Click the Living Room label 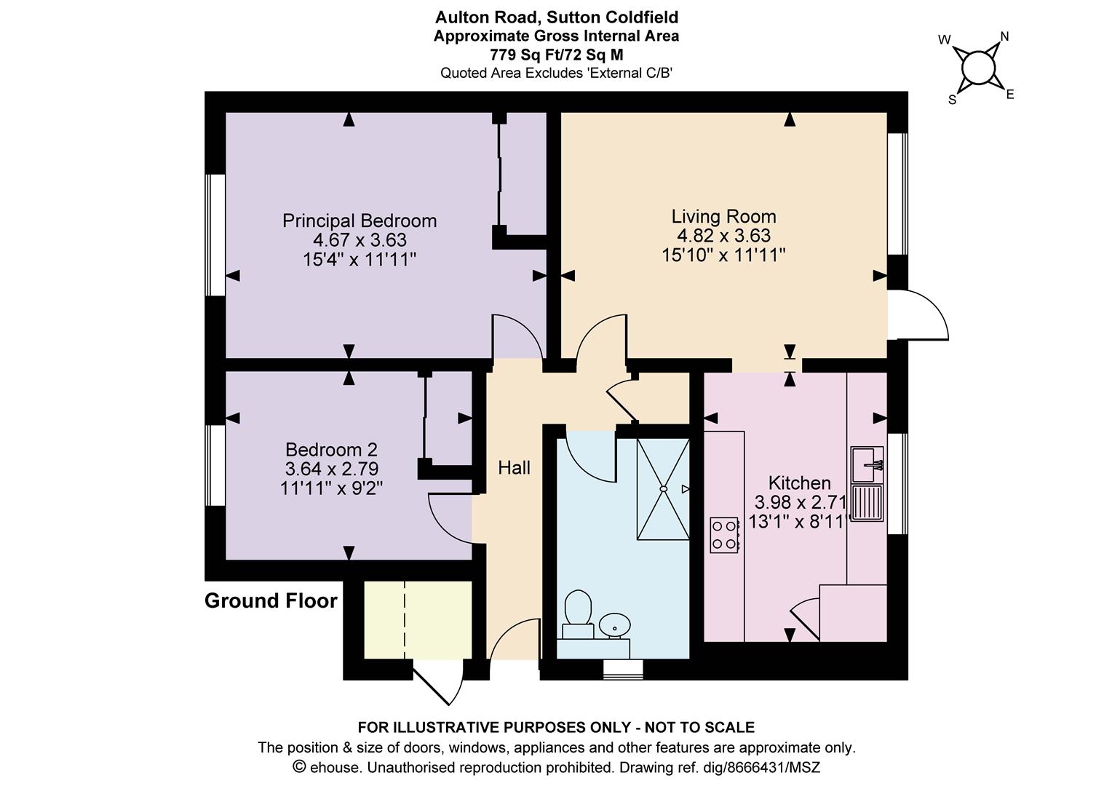[723, 216]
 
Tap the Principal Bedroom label [360, 221]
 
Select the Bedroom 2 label [331, 449]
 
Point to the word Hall [514, 467]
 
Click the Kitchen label [799, 483]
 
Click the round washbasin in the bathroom [614, 624]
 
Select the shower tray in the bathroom [663, 488]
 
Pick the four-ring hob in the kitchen [724, 535]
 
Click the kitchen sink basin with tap [867, 464]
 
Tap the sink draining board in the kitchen [867, 502]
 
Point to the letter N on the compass [1004, 36]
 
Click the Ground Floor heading [271, 601]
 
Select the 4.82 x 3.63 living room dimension [723, 235]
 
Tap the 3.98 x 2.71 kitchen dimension [801, 502]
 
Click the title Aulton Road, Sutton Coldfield [557, 17]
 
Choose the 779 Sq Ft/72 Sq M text [557, 55]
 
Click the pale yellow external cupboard [418, 619]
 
